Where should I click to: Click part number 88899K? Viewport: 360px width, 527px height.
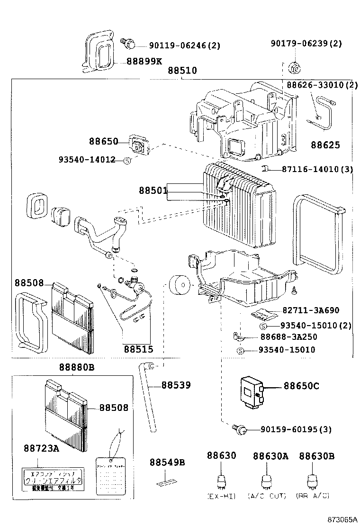[x=144, y=61]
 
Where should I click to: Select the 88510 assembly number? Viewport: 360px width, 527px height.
[x=182, y=71]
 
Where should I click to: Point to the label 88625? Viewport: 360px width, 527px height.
[x=325, y=145]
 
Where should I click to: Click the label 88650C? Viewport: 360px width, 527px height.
[x=301, y=386]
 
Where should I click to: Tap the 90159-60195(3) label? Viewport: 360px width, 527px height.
[x=296, y=430]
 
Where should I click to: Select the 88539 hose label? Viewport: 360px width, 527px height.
[x=176, y=385]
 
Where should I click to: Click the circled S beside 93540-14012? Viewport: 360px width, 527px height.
[x=127, y=161]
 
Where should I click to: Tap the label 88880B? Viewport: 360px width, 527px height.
[x=77, y=368]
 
